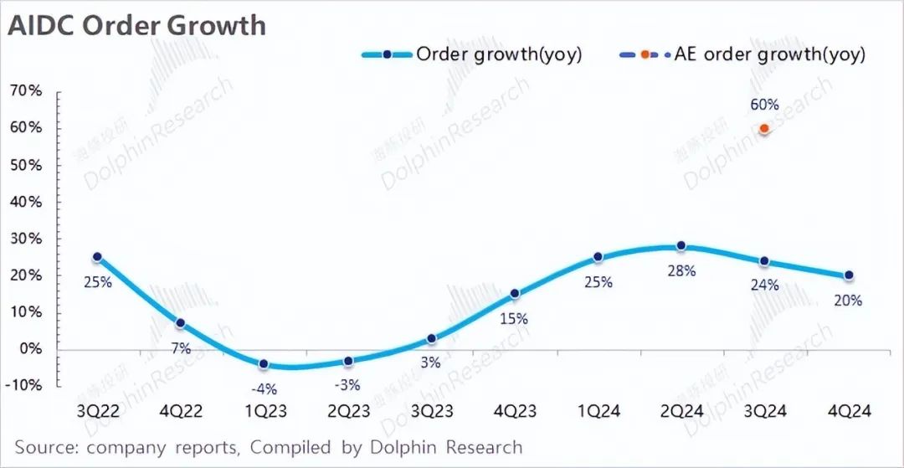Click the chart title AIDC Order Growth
tap(136, 25)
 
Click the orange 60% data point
tap(763, 128)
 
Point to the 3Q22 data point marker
tap(97, 257)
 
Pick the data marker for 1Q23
tap(265, 364)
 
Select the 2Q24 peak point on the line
tap(681, 246)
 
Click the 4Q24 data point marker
tap(849, 275)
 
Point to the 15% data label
tap(514, 318)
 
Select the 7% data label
tap(181, 347)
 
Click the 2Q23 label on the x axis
tap(348, 412)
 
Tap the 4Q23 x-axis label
tap(515, 412)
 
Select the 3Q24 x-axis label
tap(765, 412)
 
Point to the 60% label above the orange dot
tap(764, 105)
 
